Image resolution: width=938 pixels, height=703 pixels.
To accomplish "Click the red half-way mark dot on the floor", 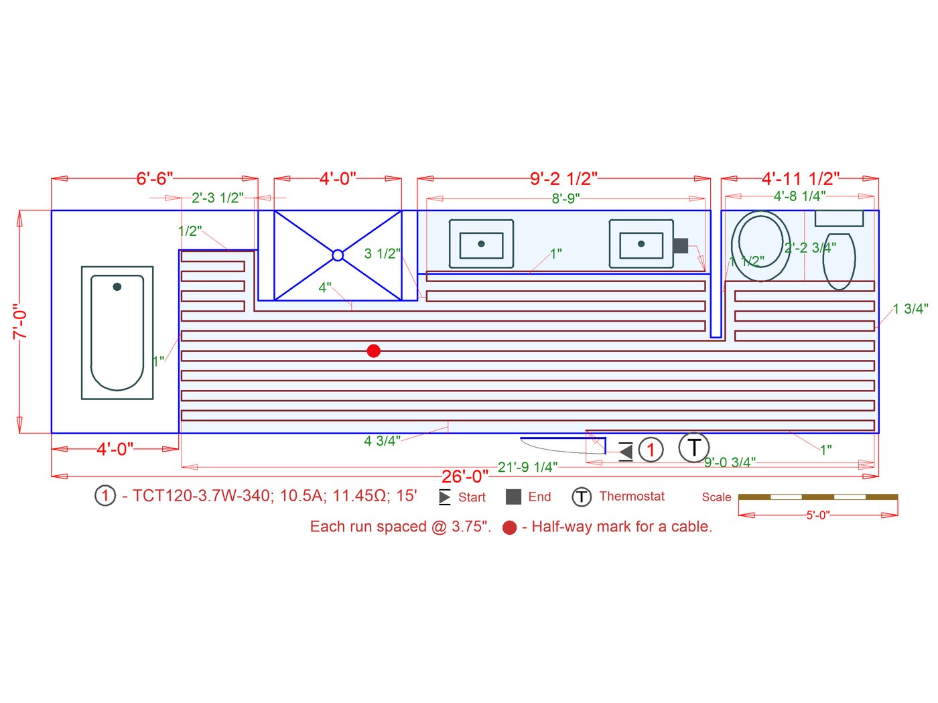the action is pyautogui.click(x=373, y=351).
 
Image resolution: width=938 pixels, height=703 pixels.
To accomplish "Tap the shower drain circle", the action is pyautogui.click(x=338, y=255).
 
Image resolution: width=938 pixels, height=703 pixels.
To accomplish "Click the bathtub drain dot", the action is pyautogui.click(x=117, y=286).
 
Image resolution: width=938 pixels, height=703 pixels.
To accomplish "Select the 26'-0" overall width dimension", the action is pyautogui.click(x=464, y=476).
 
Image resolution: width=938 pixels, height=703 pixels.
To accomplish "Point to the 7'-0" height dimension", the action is pyautogui.click(x=20, y=322).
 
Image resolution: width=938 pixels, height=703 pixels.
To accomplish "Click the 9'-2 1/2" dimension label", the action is pyautogui.click(x=563, y=179).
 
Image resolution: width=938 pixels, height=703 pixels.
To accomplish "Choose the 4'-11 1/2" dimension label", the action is pyautogui.click(x=801, y=179).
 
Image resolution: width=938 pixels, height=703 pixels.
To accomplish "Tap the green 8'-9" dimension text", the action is pyautogui.click(x=565, y=198).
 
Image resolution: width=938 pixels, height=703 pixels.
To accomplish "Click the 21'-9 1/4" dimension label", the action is pyautogui.click(x=527, y=466).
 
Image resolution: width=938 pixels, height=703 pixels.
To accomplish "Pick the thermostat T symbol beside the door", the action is pyautogui.click(x=693, y=447).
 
